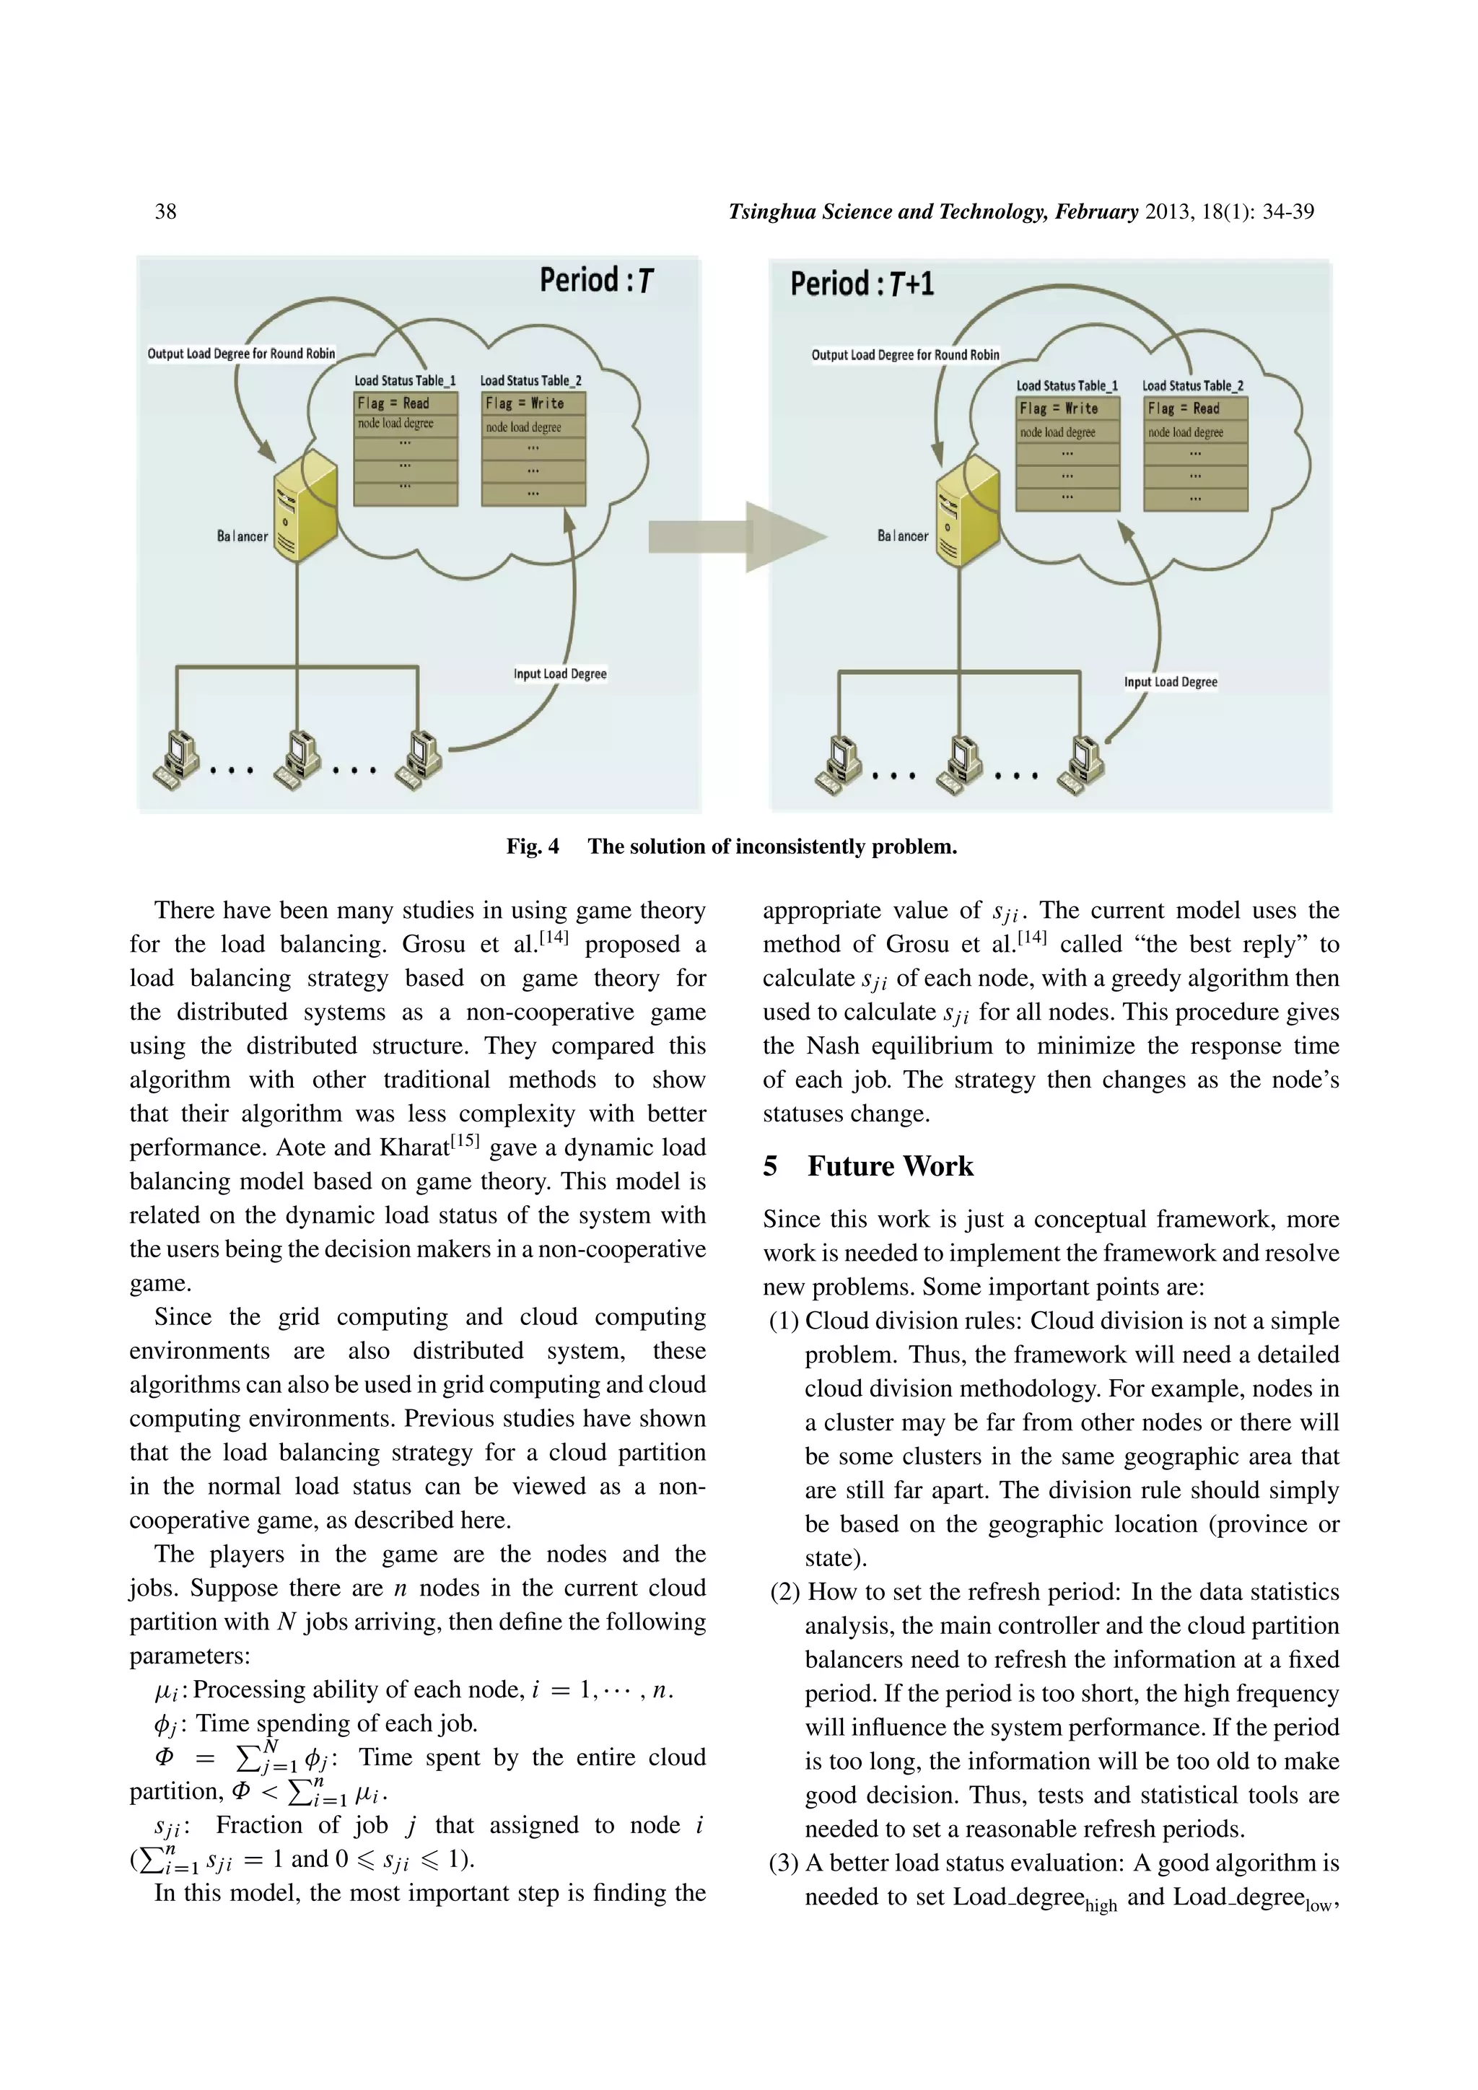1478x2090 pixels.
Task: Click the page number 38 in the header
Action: (x=166, y=212)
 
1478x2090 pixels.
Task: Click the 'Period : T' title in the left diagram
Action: (x=596, y=280)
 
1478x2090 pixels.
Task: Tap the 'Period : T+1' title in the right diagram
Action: (x=862, y=284)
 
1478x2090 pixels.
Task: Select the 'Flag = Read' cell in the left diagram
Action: (x=405, y=403)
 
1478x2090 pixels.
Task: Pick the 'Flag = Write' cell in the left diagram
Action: (x=533, y=403)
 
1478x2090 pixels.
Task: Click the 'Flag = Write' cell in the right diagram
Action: (x=1067, y=408)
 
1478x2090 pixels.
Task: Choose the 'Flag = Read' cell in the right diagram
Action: (x=1195, y=408)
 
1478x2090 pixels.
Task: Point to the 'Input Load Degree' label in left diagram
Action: (x=560, y=673)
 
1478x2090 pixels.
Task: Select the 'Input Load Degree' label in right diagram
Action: (x=1171, y=682)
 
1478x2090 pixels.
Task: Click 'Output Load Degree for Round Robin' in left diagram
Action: (x=241, y=353)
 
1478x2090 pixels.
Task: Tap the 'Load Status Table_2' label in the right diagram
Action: (x=1192, y=386)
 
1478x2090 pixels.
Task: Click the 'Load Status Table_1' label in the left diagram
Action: (x=405, y=380)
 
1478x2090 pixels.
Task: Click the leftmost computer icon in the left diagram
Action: (x=177, y=759)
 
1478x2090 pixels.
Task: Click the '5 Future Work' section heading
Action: (x=868, y=1166)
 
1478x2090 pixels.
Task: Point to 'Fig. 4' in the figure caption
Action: (x=533, y=847)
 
